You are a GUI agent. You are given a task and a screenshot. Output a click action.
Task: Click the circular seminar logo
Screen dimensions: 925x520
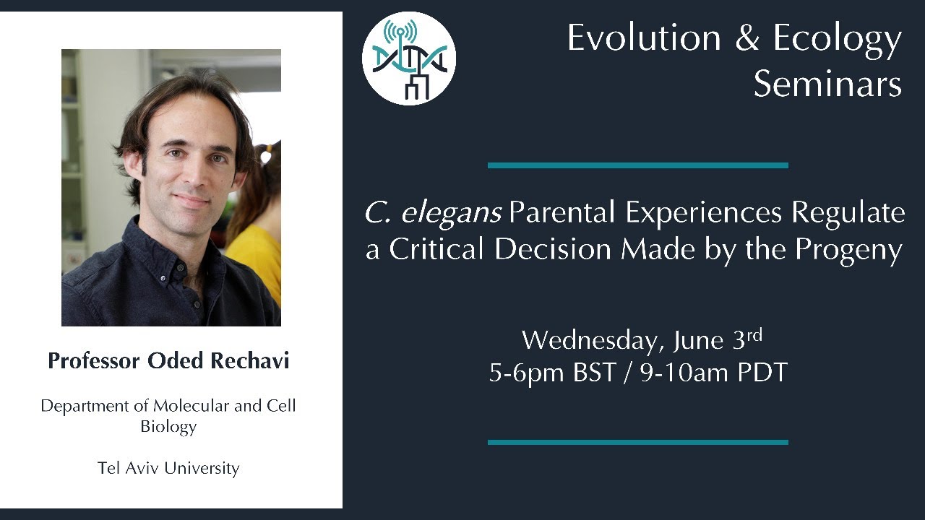[409, 58]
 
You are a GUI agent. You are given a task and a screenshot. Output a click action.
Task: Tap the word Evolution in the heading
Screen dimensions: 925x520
[644, 38]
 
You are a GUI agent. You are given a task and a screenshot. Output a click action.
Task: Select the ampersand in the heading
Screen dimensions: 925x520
[747, 38]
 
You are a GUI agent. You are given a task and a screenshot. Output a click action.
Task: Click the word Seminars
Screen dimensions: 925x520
[827, 84]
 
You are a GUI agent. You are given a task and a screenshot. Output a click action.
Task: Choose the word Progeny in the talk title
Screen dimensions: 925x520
[848, 251]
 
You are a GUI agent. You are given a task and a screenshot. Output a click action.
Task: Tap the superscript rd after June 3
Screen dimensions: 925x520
[754, 334]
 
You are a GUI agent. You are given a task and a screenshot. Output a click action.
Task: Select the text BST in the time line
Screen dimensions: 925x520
[594, 372]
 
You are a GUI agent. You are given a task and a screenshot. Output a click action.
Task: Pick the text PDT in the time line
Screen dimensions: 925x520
[762, 372]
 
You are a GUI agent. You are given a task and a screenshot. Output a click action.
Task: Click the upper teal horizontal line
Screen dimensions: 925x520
[638, 165]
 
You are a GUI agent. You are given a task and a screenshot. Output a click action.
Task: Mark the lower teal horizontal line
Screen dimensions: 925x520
[638, 443]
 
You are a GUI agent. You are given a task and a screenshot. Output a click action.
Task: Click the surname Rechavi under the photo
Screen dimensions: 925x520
[250, 360]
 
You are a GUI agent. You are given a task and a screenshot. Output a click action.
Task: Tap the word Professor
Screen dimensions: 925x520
[94, 360]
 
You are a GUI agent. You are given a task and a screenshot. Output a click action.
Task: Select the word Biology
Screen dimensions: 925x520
[168, 427]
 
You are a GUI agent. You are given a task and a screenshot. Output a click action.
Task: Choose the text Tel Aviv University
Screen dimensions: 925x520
[168, 469]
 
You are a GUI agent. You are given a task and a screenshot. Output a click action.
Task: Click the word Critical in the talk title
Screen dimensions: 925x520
[436, 250]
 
